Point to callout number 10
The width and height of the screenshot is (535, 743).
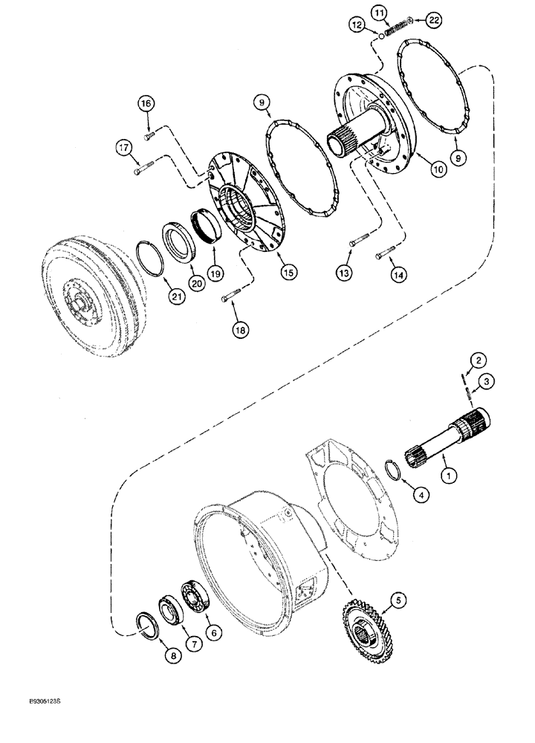[438, 169]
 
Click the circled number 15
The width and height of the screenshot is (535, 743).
[287, 272]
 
